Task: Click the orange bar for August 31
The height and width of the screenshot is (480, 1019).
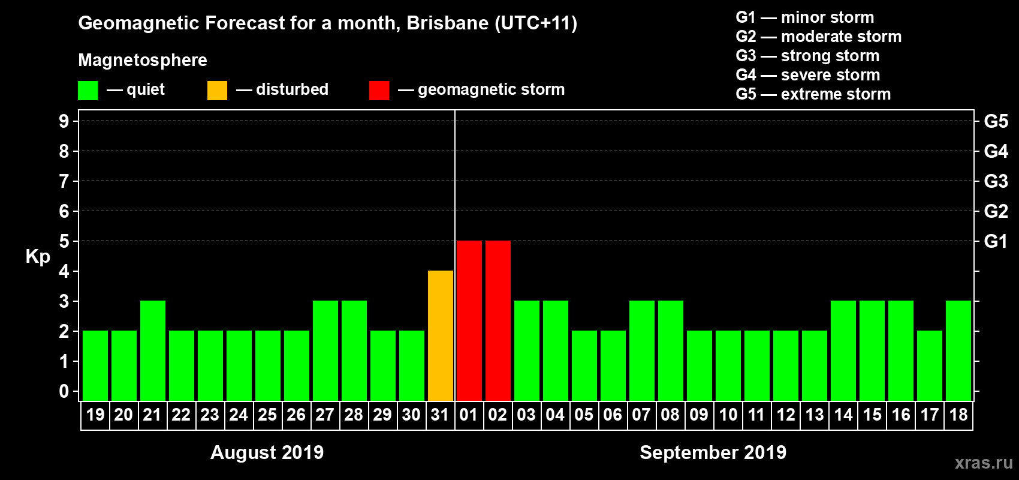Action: pyautogui.click(x=441, y=335)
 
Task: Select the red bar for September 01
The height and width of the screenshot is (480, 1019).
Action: pyautogui.click(x=469, y=320)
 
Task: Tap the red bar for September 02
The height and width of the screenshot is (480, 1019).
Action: pyautogui.click(x=498, y=320)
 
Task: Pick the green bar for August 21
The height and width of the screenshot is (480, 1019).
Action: pyautogui.click(x=153, y=350)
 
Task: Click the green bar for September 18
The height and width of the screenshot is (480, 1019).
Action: pyautogui.click(x=958, y=350)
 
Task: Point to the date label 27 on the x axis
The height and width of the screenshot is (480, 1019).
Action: pyautogui.click(x=325, y=415)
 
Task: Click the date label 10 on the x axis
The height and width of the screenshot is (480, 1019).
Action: pyautogui.click(x=728, y=415)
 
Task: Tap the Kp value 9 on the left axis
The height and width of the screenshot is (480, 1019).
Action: pyautogui.click(x=64, y=121)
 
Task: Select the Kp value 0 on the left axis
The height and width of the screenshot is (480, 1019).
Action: pyautogui.click(x=64, y=392)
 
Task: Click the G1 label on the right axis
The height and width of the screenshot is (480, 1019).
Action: pyautogui.click(x=996, y=241)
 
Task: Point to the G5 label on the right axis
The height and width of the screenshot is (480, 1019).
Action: pyautogui.click(x=996, y=121)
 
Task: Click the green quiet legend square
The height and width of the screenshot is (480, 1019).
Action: pyautogui.click(x=88, y=91)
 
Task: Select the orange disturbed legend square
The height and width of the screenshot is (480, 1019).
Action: pyautogui.click(x=217, y=91)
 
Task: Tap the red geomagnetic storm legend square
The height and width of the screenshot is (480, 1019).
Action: pyautogui.click(x=379, y=91)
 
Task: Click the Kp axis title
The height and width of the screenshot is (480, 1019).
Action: pyautogui.click(x=38, y=257)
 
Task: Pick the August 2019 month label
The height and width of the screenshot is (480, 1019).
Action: pyautogui.click(x=267, y=452)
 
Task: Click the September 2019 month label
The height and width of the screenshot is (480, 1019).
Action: pyautogui.click(x=713, y=452)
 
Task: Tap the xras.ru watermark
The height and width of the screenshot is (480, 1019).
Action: pyautogui.click(x=984, y=463)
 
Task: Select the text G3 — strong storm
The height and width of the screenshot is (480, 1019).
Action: pyautogui.click(x=807, y=56)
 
